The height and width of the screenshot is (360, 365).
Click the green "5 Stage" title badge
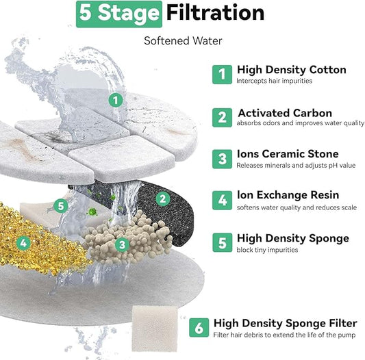point(119,14)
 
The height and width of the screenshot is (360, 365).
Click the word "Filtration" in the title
point(215,13)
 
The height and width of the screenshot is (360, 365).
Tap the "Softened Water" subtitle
point(183,41)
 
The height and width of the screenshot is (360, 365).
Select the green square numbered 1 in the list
point(222,75)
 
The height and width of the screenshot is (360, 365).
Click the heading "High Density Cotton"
point(292,70)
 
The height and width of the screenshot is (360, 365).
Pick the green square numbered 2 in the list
point(222,118)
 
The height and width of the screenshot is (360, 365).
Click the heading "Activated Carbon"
point(285,113)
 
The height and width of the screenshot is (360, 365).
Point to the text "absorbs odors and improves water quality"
point(301,123)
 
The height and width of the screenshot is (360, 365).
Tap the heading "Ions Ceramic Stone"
point(288,154)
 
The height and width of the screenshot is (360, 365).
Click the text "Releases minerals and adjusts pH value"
point(296,166)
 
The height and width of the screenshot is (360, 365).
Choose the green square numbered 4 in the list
point(222,201)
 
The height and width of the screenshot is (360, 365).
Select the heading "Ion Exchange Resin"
point(288,195)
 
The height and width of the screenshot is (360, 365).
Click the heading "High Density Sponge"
point(293,238)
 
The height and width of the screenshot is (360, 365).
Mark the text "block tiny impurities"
point(267,250)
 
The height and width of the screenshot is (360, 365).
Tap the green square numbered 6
point(199,328)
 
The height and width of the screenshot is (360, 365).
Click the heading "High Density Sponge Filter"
point(285,324)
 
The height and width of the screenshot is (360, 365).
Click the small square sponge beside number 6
point(154,329)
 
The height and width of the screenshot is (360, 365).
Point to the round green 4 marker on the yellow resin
point(23,243)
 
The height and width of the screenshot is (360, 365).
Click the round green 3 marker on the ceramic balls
point(122,244)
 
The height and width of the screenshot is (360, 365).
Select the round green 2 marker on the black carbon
point(162,198)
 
